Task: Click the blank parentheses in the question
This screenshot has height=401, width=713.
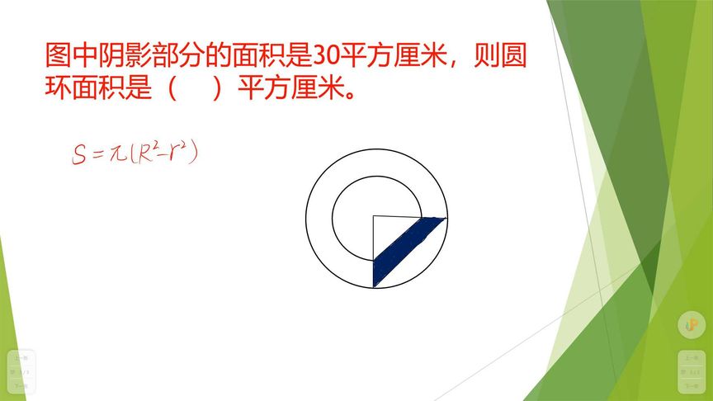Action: (195, 87)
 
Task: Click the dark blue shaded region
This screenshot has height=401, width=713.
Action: (404, 248)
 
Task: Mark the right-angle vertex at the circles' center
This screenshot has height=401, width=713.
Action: (374, 217)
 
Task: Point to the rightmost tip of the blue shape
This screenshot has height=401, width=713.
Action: (446, 219)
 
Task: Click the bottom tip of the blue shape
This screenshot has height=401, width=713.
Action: (375, 285)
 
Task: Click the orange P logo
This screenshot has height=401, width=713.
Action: (690, 325)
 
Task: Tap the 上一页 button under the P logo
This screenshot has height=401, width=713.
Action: (690, 359)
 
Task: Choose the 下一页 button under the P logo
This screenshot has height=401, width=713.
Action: (690, 385)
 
